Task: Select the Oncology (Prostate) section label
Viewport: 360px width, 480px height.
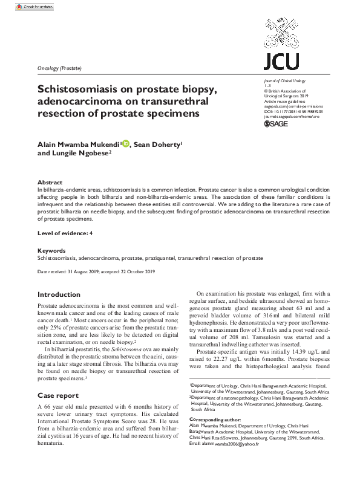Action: coord(59,68)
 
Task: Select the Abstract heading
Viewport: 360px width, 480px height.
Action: coord(50,182)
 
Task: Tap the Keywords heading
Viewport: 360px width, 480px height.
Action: coord(51,250)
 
